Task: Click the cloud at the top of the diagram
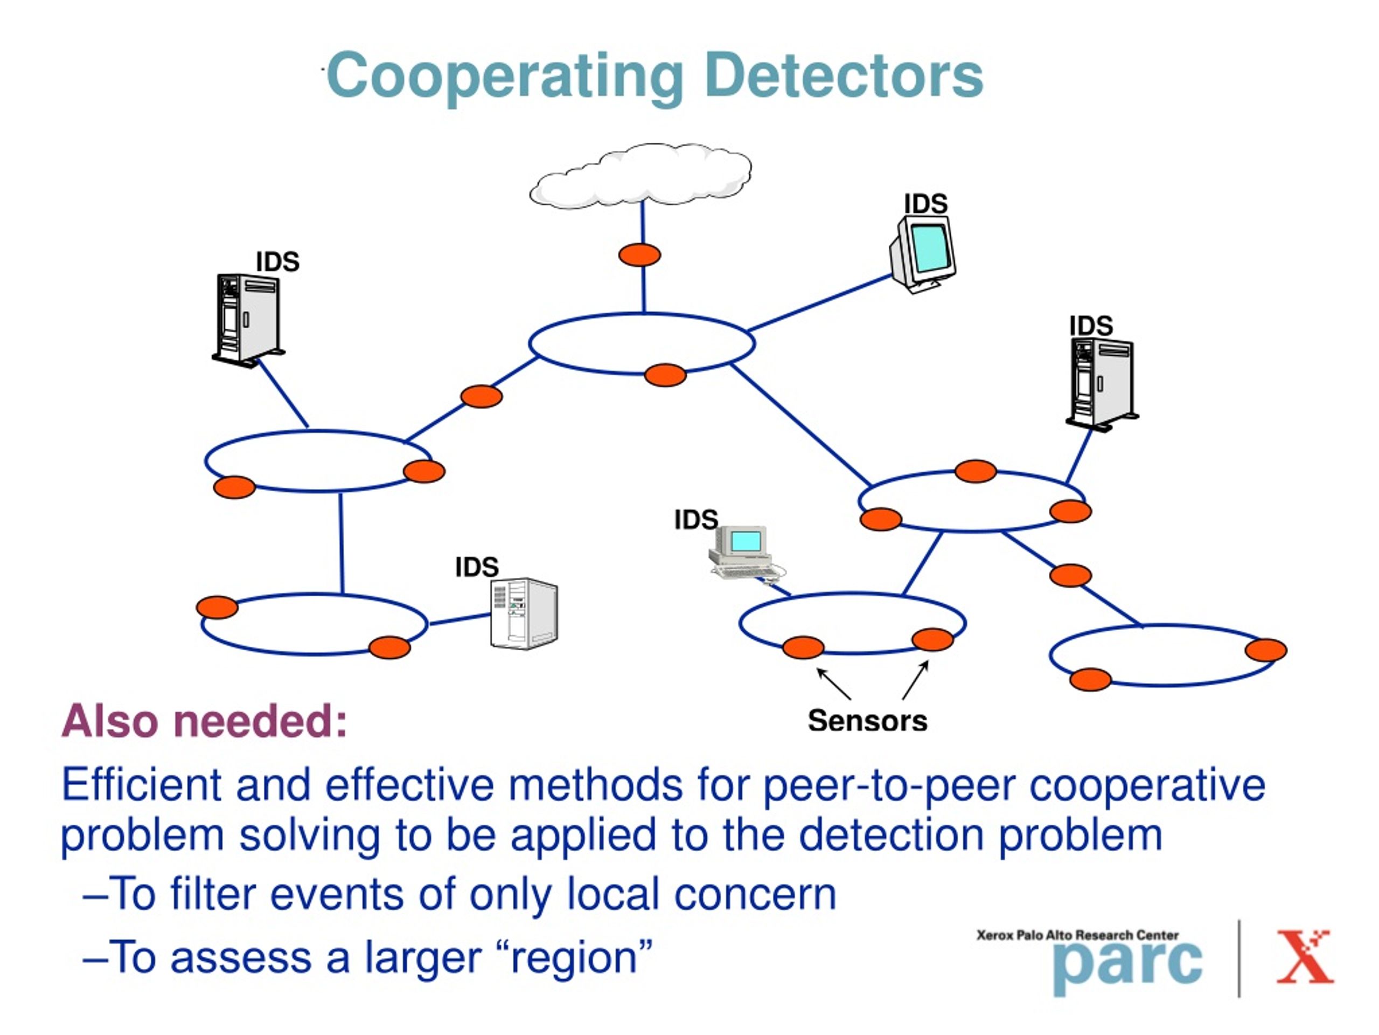click(640, 175)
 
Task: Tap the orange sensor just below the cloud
click(639, 254)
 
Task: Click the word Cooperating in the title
click(504, 78)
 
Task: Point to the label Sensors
click(867, 721)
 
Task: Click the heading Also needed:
click(204, 721)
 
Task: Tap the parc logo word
click(1127, 967)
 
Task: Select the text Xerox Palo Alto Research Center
click(1077, 935)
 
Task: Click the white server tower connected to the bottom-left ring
click(524, 614)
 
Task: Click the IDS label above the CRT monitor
click(926, 204)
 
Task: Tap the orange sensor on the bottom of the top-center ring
click(665, 375)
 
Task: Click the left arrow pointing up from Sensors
click(833, 684)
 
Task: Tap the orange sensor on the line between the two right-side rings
click(1070, 575)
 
